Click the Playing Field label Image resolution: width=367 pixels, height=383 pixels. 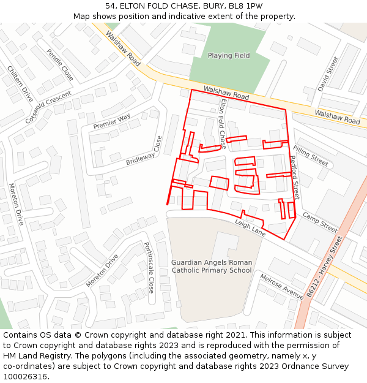tap(229, 56)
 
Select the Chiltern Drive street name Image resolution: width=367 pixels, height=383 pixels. tap(20, 84)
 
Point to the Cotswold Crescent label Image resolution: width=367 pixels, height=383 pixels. tap(48, 107)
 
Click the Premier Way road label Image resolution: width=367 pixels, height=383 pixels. tap(112, 121)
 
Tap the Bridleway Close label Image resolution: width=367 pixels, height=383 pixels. tap(144, 151)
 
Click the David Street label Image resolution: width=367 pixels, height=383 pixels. tap(328, 74)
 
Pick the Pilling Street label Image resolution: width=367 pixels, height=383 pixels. tap(311, 156)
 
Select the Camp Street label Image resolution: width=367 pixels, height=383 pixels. tap(320, 222)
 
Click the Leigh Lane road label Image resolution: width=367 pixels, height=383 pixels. tap(250, 229)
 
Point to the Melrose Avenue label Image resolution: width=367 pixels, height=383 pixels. tap(281, 286)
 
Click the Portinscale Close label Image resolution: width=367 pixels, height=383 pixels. tap(148, 268)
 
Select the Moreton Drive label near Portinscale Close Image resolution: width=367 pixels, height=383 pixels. tap(102, 270)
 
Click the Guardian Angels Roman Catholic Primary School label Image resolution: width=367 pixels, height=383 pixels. tap(212, 266)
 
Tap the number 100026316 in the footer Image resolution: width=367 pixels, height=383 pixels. tap(24, 376)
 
